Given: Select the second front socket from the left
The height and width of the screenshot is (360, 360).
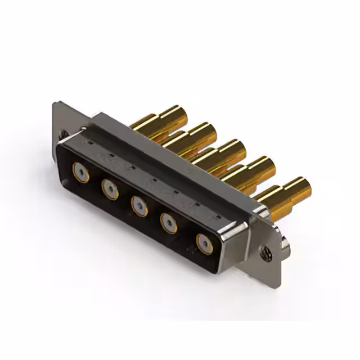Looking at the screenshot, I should [109, 187].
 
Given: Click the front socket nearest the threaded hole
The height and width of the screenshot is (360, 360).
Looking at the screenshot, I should [203, 243].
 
